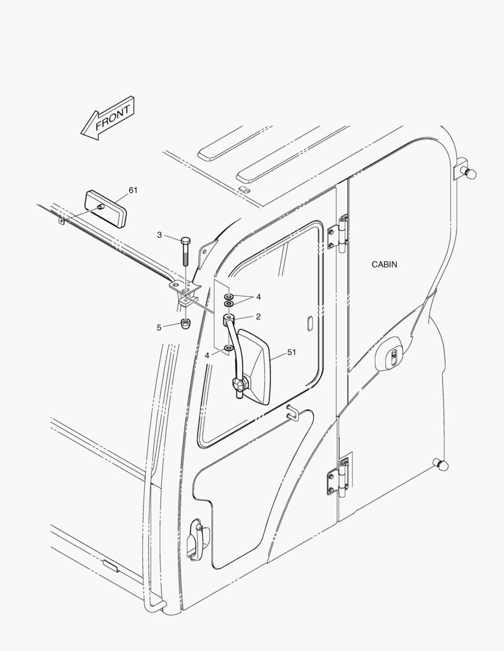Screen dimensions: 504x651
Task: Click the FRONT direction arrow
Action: (x=108, y=118)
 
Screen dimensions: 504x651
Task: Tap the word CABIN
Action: (x=384, y=264)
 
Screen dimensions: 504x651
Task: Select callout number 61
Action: (x=133, y=190)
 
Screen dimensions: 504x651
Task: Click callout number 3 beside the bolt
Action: (x=159, y=234)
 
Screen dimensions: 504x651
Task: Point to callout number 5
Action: (x=159, y=327)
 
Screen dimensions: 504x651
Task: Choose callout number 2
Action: (x=258, y=316)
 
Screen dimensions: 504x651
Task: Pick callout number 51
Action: (x=292, y=353)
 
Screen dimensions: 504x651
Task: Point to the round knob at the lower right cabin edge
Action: (x=441, y=464)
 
